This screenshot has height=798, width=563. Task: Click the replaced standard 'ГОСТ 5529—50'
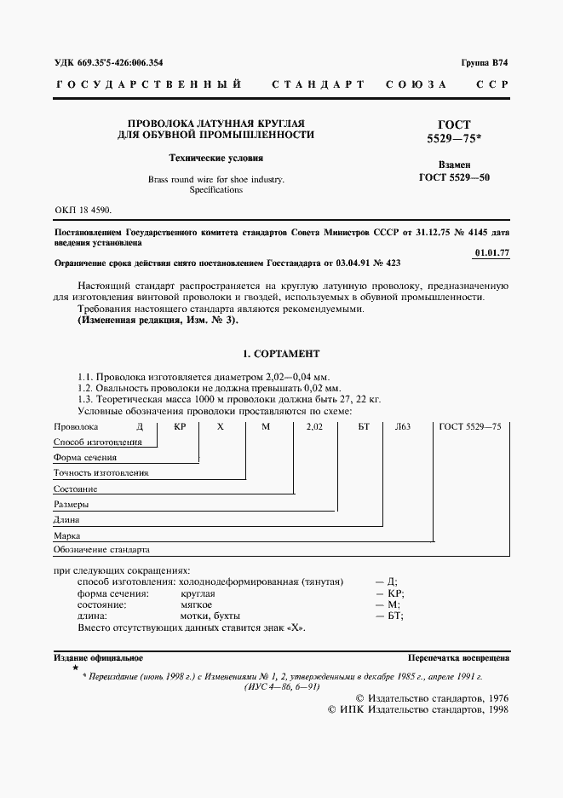click(x=454, y=177)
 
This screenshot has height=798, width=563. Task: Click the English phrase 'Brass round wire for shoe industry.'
click(x=215, y=180)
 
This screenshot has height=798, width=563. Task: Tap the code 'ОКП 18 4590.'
click(x=82, y=209)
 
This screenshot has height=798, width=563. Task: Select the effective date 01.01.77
click(x=491, y=253)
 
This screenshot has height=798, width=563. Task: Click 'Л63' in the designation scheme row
click(x=403, y=425)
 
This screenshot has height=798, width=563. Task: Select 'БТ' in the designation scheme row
click(x=364, y=425)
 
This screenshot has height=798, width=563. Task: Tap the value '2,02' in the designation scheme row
click(x=314, y=425)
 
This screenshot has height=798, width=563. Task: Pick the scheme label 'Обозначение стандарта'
click(x=101, y=550)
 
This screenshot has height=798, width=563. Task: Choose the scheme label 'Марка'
click(x=67, y=535)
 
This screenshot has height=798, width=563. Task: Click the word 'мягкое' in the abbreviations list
click(x=198, y=604)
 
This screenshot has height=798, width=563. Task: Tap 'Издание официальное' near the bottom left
click(x=98, y=658)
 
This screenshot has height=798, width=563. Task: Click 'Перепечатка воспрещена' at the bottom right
click(x=458, y=658)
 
